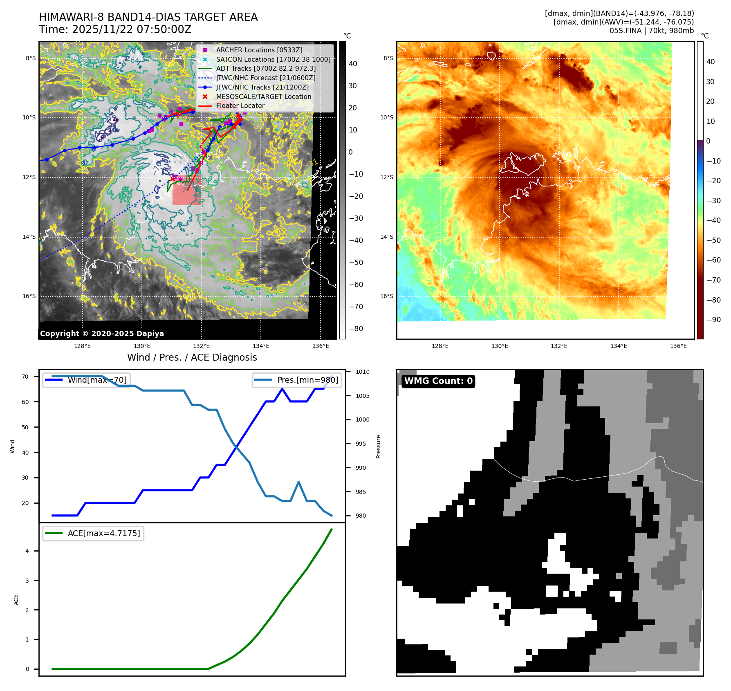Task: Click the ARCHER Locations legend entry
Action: [259, 50]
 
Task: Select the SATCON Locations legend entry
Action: [273, 59]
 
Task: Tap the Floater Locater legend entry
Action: [240, 105]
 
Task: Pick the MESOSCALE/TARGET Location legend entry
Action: [263, 96]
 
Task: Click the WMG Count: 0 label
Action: [438, 381]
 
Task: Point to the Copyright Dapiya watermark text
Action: [102, 334]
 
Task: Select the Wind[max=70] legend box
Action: [87, 380]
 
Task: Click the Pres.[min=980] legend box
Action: [297, 380]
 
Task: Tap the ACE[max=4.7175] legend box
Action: [93, 533]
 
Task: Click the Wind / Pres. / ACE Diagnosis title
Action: [192, 357]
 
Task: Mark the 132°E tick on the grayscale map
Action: [201, 346]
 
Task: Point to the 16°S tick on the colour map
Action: [387, 296]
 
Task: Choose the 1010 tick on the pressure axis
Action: [362, 372]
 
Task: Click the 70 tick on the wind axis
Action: [25, 377]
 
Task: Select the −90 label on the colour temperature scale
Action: [713, 320]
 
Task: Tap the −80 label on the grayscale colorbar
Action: [356, 329]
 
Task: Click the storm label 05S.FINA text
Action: [625, 31]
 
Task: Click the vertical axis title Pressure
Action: [379, 446]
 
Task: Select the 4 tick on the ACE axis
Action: [27, 551]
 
